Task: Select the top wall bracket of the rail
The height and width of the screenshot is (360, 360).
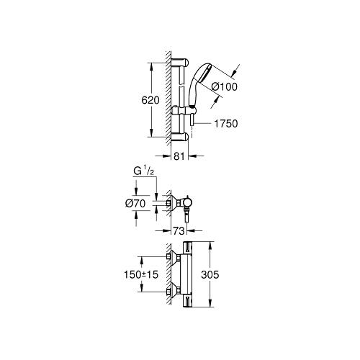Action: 181,61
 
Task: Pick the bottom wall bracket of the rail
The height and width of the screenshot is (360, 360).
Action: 181,135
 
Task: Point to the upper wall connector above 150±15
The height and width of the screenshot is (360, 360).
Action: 171,256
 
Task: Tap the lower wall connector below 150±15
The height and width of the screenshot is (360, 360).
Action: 171,292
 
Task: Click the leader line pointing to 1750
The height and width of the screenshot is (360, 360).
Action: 204,124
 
